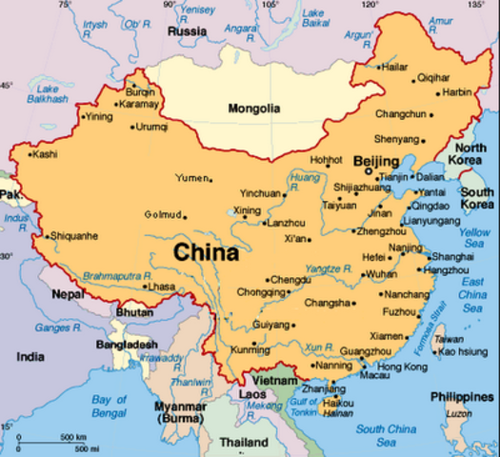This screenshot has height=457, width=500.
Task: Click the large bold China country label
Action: pyautogui.click(x=205, y=253)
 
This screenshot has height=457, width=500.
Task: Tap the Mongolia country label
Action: pyautogui.click(x=253, y=109)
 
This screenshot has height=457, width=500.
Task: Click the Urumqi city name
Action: pyautogui.click(x=151, y=126)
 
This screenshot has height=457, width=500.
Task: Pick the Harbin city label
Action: pyautogui.click(x=456, y=92)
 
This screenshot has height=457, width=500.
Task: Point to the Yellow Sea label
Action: pyautogui.click(x=473, y=238)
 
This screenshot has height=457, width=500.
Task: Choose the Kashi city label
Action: pyautogui.click(x=44, y=153)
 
